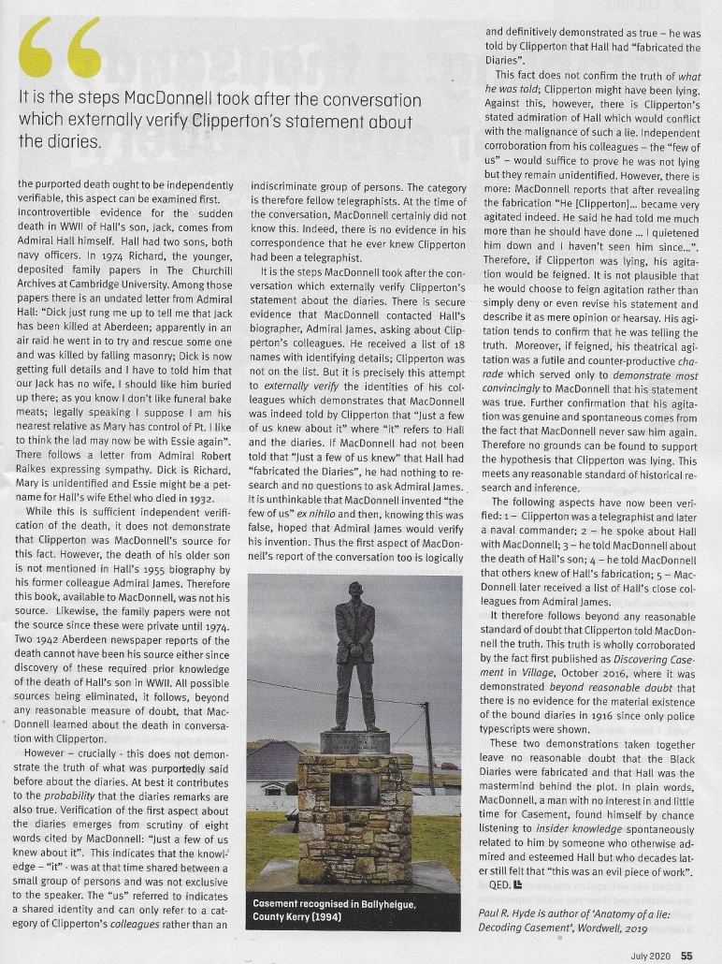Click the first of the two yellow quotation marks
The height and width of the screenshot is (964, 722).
click(x=40, y=54)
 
